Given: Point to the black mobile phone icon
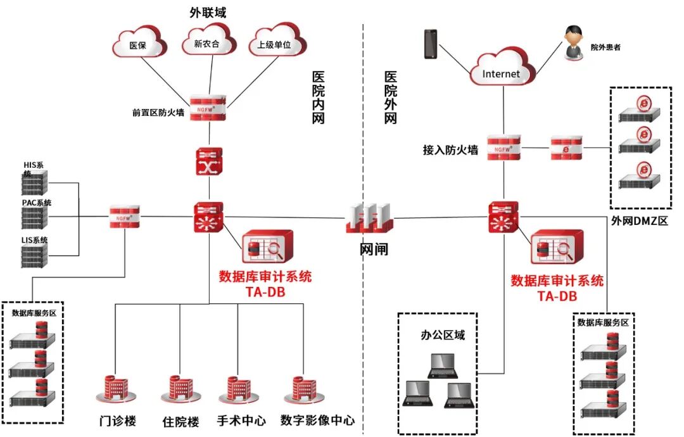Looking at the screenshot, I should [431, 44].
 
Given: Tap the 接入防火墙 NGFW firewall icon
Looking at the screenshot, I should [504, 148].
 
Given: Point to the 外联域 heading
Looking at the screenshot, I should [208, 12].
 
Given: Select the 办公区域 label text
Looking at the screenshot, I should [443, 335].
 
